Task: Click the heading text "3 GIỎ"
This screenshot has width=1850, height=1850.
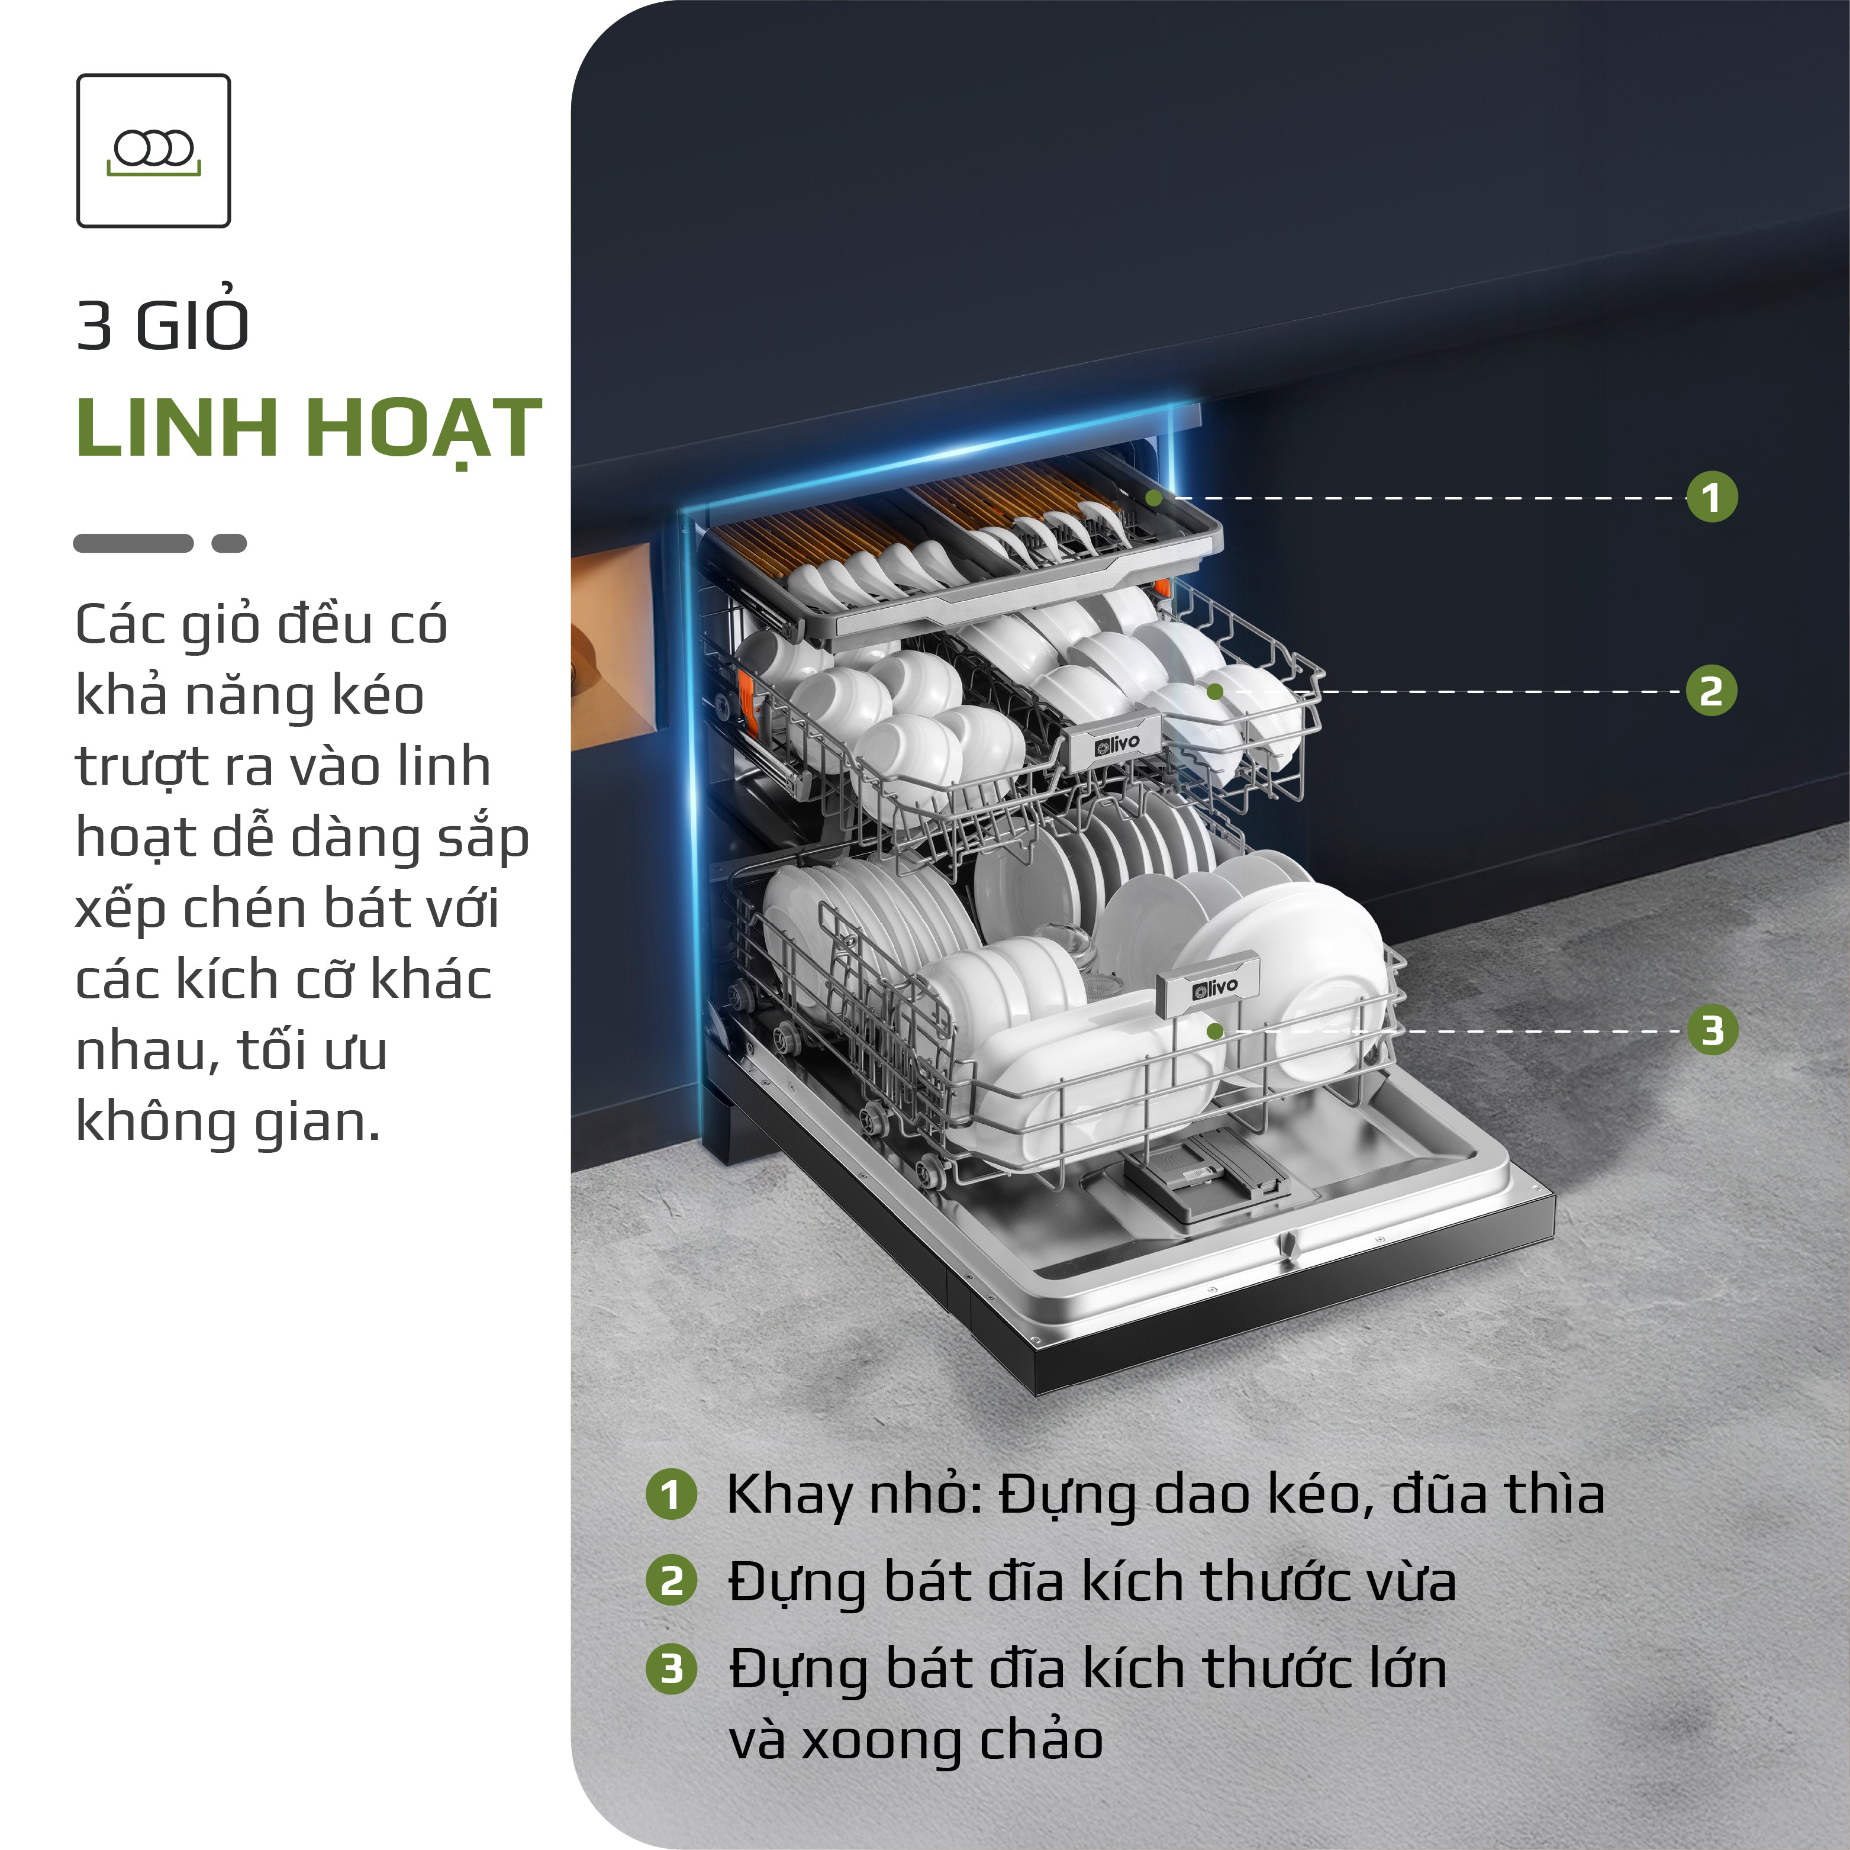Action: (163, 325)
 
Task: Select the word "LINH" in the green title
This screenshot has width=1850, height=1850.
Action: (176, 427)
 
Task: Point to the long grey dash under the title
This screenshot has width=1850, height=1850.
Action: (133, 543)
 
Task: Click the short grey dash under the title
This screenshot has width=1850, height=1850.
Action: (229, 543)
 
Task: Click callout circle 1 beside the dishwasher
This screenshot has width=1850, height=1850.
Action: (1711, 497)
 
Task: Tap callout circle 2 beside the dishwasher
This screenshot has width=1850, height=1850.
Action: (1711, 691)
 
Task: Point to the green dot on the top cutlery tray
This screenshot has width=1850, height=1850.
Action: (1155, 498)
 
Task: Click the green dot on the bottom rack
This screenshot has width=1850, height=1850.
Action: (1215, 1032)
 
